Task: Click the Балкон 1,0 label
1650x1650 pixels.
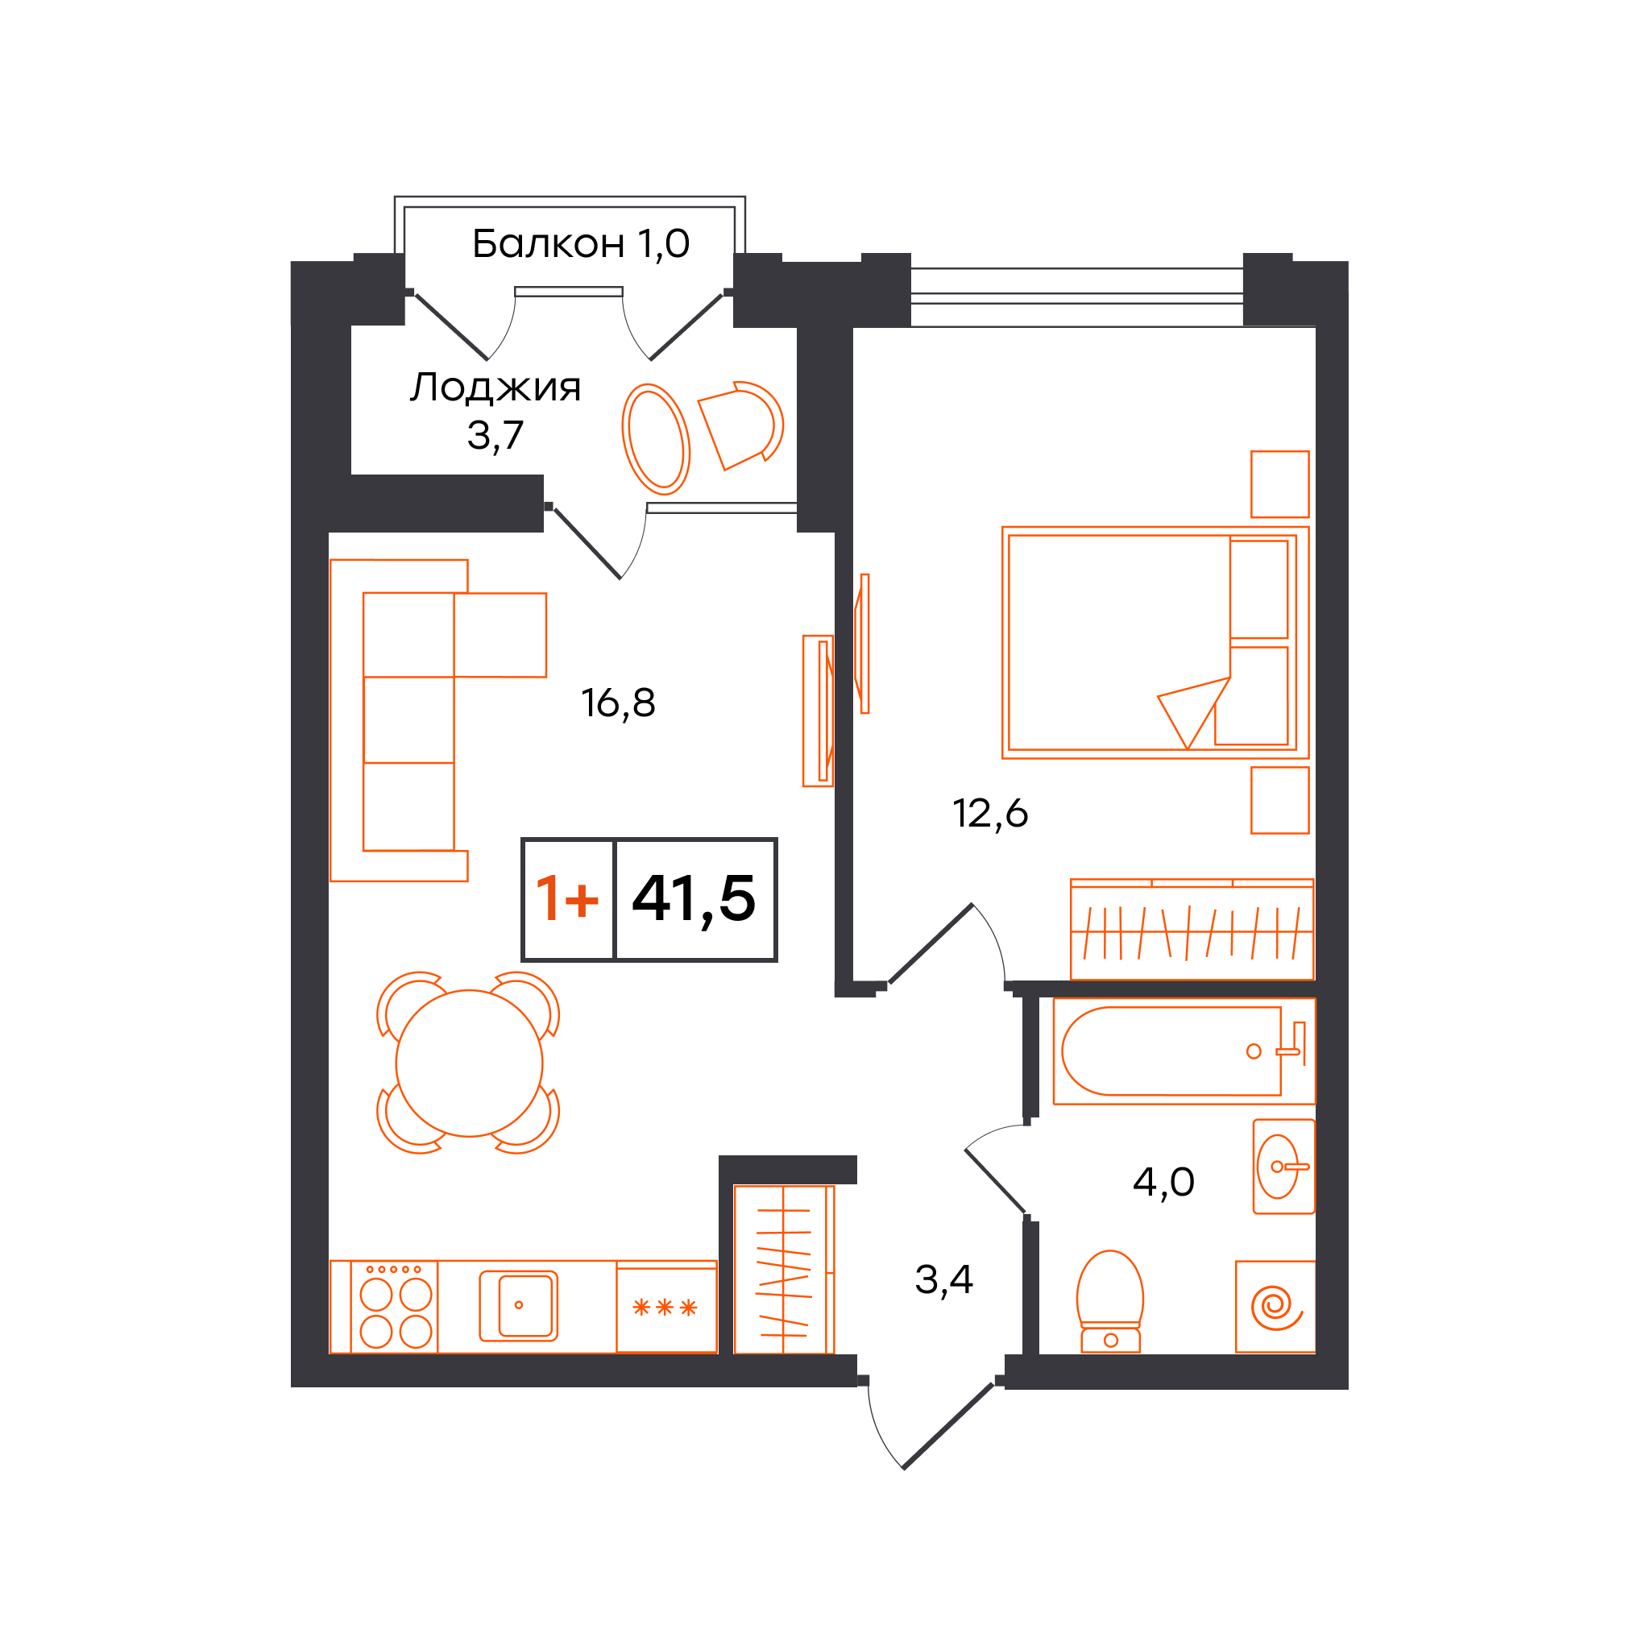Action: pyautogui.click(x=580, y=244)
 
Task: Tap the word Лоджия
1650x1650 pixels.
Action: pyautogui.click(x=495, y=388)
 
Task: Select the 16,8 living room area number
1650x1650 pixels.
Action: pyautogui.click(x=618, y=703)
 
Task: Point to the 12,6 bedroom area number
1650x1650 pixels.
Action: pyautogui.click(x=990, y=813)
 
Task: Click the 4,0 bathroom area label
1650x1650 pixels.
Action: pyautogui.click(x=1163, y=1182)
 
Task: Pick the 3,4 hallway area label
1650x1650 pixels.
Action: pyautogui.click(x=943, y=1279)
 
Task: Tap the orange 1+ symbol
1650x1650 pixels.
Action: pyautogui.click(x=567, y=899)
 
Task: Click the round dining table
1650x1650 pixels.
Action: pyautogui.click(x=469, y=1063)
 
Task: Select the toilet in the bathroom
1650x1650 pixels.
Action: pyautogui.click(x=1110, y=1302)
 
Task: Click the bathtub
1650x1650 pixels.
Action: pyautogui.click(x=1184, y=1051)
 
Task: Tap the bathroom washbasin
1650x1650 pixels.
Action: pyautogui.click(x=1283, y=1167)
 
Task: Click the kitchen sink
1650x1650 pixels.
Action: pyautogui.click(x=518, y=1306)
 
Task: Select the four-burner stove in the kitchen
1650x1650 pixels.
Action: pyautogui.click(x=396, y=1307)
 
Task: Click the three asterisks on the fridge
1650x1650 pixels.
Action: pyautogui.click(x=665, y=1308)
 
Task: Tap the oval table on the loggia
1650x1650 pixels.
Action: pyautogui.click(x=656, y=439)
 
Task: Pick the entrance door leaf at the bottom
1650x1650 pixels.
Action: pyautogui.click(x=948, y=1426)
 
